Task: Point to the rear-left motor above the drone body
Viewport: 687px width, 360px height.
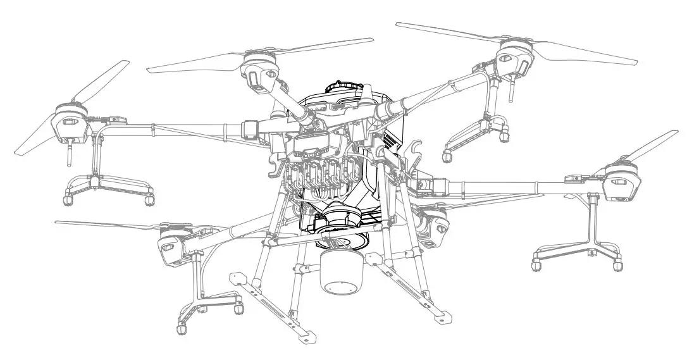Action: [x=259, y=70]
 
